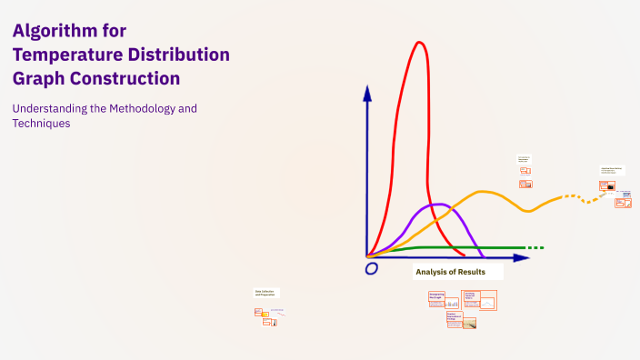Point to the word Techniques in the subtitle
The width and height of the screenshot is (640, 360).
click(41, 124)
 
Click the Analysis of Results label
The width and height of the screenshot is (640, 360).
click(450, 272)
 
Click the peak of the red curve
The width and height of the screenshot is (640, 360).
click(419, 43)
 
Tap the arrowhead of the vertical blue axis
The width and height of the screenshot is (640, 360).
click(367, 92)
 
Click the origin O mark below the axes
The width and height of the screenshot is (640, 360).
click(371, 269)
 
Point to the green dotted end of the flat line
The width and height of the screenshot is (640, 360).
click(536, 247)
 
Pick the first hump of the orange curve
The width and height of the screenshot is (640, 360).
click(485, 192)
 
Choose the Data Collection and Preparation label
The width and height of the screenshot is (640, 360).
click(266, 293)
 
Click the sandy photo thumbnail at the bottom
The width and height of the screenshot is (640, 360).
click(469, 323)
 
